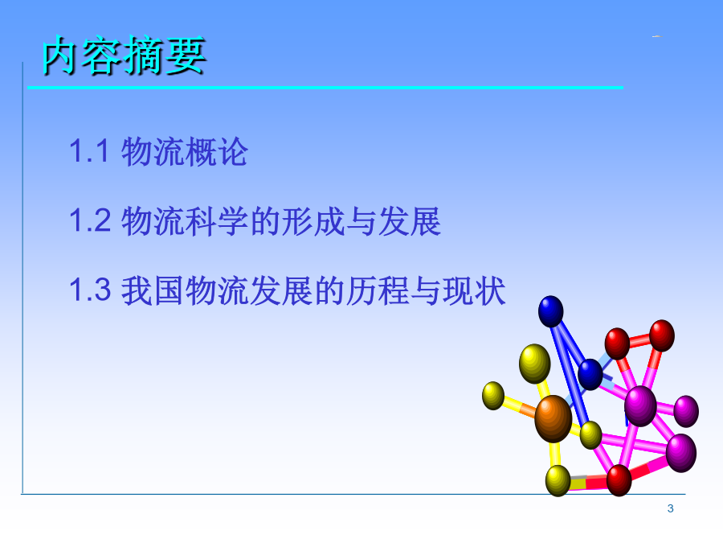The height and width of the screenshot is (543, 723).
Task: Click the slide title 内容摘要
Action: pos(124,56)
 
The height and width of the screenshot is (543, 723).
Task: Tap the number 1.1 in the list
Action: pos(89,151)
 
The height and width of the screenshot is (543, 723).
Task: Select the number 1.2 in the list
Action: pos(90,220)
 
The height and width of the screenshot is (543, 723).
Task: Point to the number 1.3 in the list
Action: pos(90,290)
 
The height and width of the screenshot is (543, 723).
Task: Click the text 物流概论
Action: pos(185,151)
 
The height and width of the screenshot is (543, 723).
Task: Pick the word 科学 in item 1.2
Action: pos(217,221)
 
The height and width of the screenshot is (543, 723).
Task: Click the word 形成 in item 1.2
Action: pos(312,221)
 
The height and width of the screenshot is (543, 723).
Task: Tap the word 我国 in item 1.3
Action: pos(153,290)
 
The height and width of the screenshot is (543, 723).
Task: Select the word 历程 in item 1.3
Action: pos(378,290)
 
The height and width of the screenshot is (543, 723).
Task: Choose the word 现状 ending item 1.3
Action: pos(473,290)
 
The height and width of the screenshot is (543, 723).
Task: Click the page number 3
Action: pos(671,508)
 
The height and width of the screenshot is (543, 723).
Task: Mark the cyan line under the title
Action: pos(325,87)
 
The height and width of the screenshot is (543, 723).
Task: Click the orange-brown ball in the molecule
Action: pos(553,419)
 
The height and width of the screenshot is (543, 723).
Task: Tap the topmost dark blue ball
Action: pos(551,311)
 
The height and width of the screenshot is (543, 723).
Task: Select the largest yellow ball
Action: pos(535,364)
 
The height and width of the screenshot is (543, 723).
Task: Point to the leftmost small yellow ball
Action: pos(493,396)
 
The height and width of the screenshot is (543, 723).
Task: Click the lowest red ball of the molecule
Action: pos(619,480)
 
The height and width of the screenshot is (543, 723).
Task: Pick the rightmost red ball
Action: pos(662,335)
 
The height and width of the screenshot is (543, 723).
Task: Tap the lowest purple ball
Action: pos(681,453)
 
